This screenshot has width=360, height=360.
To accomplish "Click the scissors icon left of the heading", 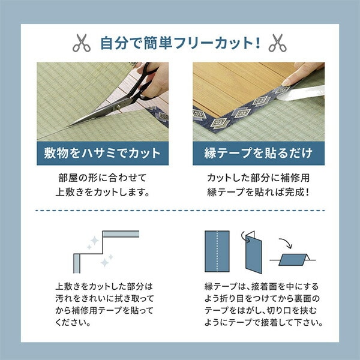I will pyautogui.click(x=81, y=43).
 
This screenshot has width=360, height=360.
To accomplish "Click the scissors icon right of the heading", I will pyautogui.click(x=277, y=43).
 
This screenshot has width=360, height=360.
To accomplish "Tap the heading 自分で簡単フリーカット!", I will pyautogui.click(x=179, y=43).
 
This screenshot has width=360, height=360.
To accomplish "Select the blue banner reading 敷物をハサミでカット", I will pyautogui.click(x=102, y=153).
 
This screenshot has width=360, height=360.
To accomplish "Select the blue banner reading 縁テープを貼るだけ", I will pyautogui.click(x=259, y=153).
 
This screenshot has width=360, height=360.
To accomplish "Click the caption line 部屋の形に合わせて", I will pyautogui.click(x=102, y=179).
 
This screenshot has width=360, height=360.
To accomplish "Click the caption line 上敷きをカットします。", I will pyautogui.click(x=102, y=193).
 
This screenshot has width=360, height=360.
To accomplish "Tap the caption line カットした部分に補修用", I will pyautogui.click(x=259, y=179).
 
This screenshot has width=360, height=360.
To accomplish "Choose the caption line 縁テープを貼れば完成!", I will pyautogui.click(x=259, y=193).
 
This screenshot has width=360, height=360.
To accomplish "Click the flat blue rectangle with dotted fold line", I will pyautogui.click(x=217, y=249).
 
